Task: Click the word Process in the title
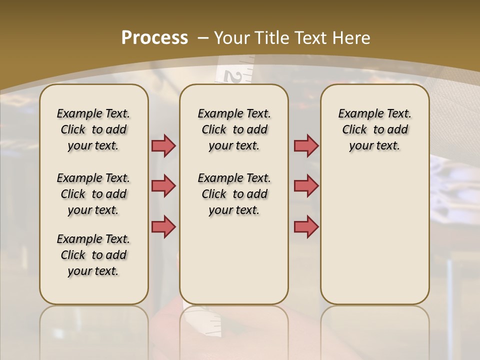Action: coord(154,38)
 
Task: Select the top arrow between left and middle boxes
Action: coord(163,145)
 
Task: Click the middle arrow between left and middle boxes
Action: coord(163,186)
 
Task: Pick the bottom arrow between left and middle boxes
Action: coord(163,226)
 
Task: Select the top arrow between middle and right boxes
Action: coord(306,145)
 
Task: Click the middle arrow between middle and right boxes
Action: coord(306,186)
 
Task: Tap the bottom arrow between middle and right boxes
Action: coord(306,226)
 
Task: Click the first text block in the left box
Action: coord(93,129)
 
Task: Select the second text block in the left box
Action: coord(93,194)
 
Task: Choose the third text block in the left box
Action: coord(93,255)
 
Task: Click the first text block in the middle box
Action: coord(234,129)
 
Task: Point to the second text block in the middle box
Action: coord(234,194)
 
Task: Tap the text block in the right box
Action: coord(374,129)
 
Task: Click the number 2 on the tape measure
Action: coord(232,76)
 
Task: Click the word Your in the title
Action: coord(232,38)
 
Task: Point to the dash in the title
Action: coord(203,38)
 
